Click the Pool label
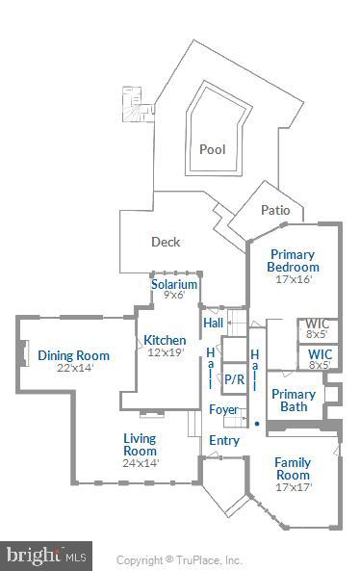tap(212, 149)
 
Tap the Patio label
tap(275, 211)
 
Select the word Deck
tap(166, 242)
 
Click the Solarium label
tap(174, 284)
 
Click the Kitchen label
tap(165, 340)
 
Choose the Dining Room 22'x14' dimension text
tap(73, 369)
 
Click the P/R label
tap(234, 379)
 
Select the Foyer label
tap(223, 410)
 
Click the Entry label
tap(224, 440)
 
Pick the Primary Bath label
tap(294, 401)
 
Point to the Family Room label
tap(293, 468)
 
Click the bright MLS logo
tap(46, 556)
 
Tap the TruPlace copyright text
tap(179, 559)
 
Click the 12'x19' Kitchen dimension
tap(165, 352)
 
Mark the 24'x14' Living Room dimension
tap(140, 463)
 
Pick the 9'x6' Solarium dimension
tap(174, 296)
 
